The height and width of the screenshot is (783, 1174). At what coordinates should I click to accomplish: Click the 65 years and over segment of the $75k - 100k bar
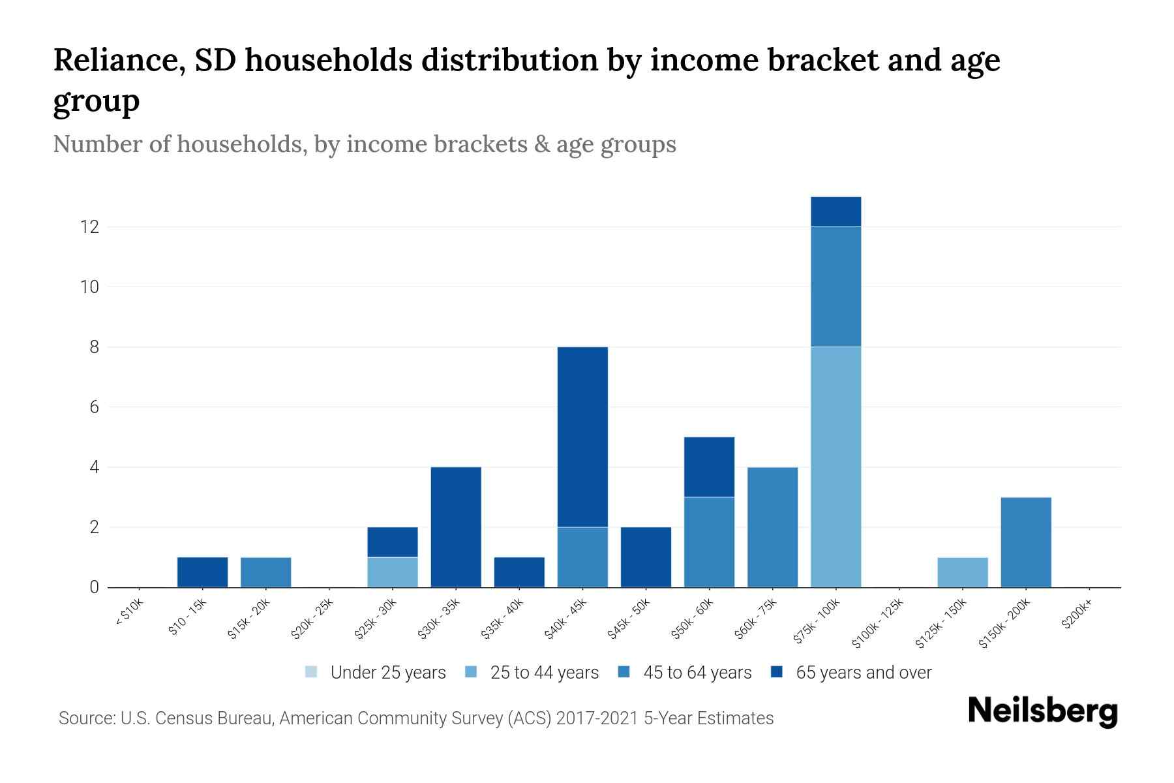point(835,212)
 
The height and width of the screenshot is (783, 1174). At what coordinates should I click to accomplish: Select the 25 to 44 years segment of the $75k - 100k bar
point(835,467)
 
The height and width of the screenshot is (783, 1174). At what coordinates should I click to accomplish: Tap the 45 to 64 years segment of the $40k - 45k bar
point(582,557)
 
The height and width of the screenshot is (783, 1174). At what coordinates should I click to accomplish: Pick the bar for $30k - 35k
point(456,527)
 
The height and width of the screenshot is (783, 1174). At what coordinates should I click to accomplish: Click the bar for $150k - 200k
point(1025,542)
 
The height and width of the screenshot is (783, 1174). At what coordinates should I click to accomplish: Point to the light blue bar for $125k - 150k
point(962,572)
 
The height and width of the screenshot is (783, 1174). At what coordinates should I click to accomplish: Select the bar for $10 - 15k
point(203,572)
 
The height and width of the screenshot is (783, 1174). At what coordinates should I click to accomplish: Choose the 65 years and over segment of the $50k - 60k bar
point(709,467)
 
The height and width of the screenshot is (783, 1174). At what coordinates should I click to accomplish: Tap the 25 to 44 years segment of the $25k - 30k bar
point(393,572)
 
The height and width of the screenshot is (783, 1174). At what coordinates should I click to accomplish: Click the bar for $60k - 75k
point(772,527)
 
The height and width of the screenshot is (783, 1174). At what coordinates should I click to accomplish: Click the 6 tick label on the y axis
point(94,407)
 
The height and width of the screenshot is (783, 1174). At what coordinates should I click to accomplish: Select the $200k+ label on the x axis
point(1077,616)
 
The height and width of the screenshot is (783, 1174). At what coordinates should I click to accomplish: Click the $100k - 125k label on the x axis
point(879,623)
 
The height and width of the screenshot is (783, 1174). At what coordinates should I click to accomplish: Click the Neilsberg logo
point(1042,711)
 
